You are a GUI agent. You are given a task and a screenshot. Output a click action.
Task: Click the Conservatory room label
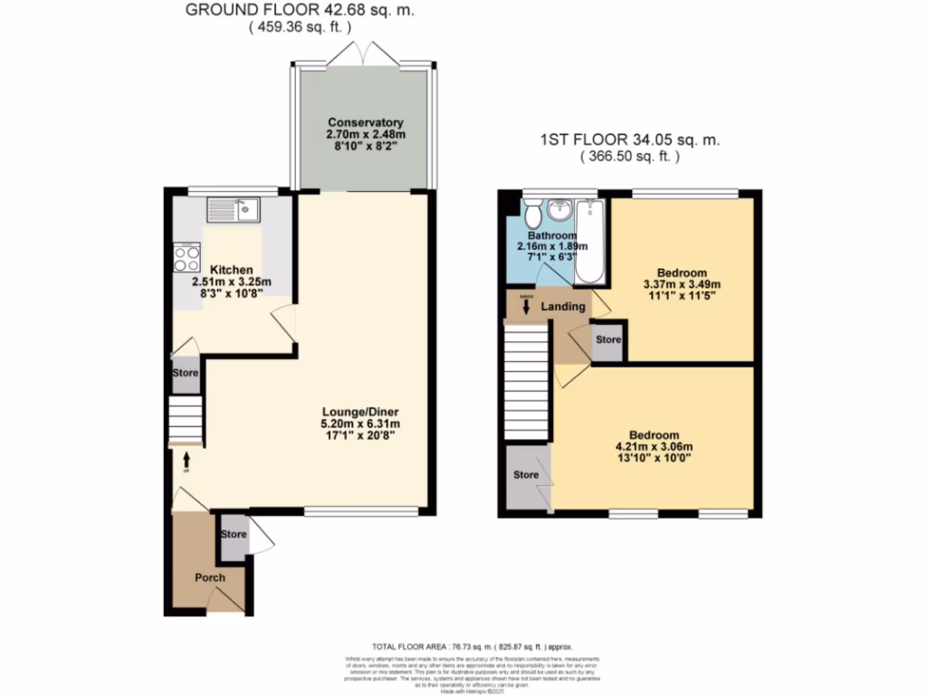point(365,122)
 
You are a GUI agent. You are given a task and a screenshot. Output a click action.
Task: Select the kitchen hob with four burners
point(186,260)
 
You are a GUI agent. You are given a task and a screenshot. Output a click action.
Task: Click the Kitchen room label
point(232,270)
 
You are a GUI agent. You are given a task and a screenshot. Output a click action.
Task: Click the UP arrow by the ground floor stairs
point(186,462)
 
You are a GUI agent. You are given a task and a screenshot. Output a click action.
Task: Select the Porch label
point(209,577)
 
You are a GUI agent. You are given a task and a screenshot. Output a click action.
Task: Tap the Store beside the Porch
point(234,535)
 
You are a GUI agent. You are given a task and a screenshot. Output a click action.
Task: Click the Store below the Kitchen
point(186,372)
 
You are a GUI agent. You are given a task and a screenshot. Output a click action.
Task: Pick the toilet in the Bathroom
point(533,215)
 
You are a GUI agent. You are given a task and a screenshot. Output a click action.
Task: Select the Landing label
point(563,307)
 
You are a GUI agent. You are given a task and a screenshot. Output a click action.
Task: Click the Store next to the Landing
point(607,340)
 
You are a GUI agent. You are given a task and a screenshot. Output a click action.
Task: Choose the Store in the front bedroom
point(526,475)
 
